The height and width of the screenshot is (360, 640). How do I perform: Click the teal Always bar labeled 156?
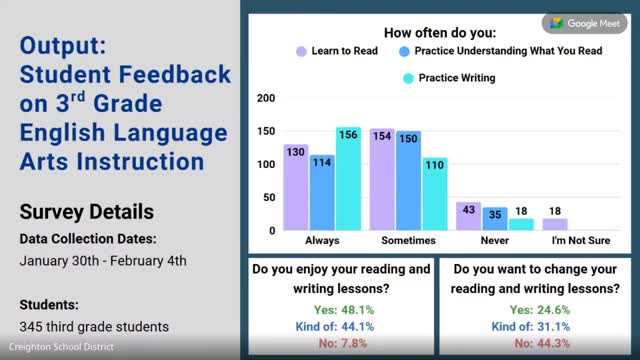[348, 179]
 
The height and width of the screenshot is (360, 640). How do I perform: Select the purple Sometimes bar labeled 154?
[382, 180]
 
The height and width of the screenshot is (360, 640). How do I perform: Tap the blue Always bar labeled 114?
[322, 193]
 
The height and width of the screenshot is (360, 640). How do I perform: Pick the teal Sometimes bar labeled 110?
[435, 194]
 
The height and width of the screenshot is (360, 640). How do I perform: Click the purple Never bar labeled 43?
[468, 216]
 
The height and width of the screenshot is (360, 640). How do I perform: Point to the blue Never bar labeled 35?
[495, 219]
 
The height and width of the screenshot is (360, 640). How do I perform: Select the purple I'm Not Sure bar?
[555, 224]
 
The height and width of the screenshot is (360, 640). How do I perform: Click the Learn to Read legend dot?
[301, 51]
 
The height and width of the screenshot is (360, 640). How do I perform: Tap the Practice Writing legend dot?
[408, 78]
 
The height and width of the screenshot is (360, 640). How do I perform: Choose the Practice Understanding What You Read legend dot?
[404, 51]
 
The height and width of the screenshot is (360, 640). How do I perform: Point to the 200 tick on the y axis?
[266, 98]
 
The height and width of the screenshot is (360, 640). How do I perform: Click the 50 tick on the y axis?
[269, 198]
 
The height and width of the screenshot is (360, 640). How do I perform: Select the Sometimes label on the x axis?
[408, 240]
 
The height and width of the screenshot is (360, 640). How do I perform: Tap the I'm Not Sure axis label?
[581, 240]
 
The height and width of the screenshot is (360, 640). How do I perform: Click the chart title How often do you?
[440, 33]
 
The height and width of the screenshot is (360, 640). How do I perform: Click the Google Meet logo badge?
[584, 24]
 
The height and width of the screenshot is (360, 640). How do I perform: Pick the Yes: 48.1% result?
[344, 310]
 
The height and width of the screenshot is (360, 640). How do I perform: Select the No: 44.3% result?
[542, 343]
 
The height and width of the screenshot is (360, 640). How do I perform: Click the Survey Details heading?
[87, 212]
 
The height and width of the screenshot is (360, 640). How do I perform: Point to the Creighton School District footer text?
[61, 347]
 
